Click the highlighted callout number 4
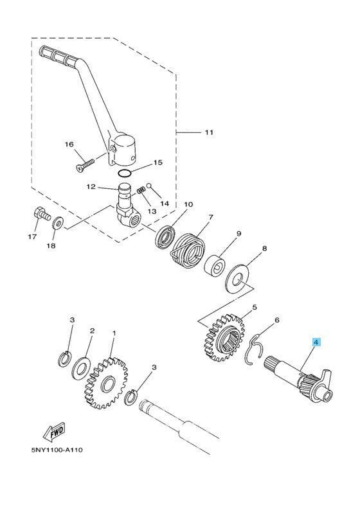point(316,343)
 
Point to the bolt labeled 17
point(39,214)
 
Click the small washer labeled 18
point(58,222)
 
